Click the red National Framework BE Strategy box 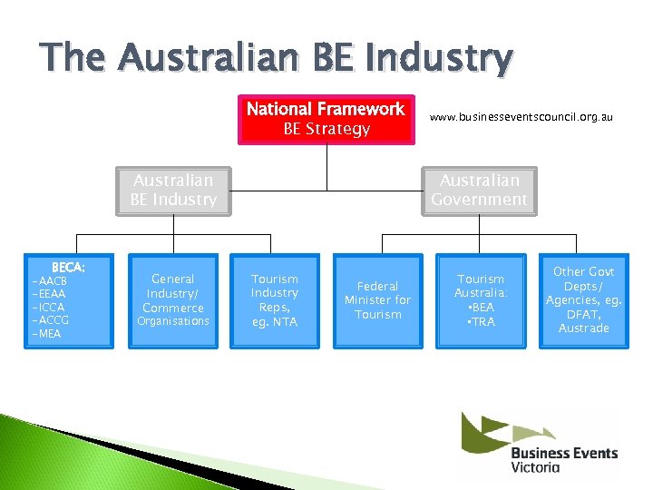click(x=326, y=119)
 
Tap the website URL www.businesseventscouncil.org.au click(x=521, y=118)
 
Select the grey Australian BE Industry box click(x=173, y=191)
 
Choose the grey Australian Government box click(x=479, y=191)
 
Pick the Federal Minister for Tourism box click(x=377, y=299)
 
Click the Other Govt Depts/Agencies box click(x=583, y=299)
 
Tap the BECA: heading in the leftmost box click(x=68, y=268)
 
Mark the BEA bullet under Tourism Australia click(x=481, y=308)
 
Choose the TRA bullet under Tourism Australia click(x=481, y=321)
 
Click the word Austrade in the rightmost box click(x=583, y=328)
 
